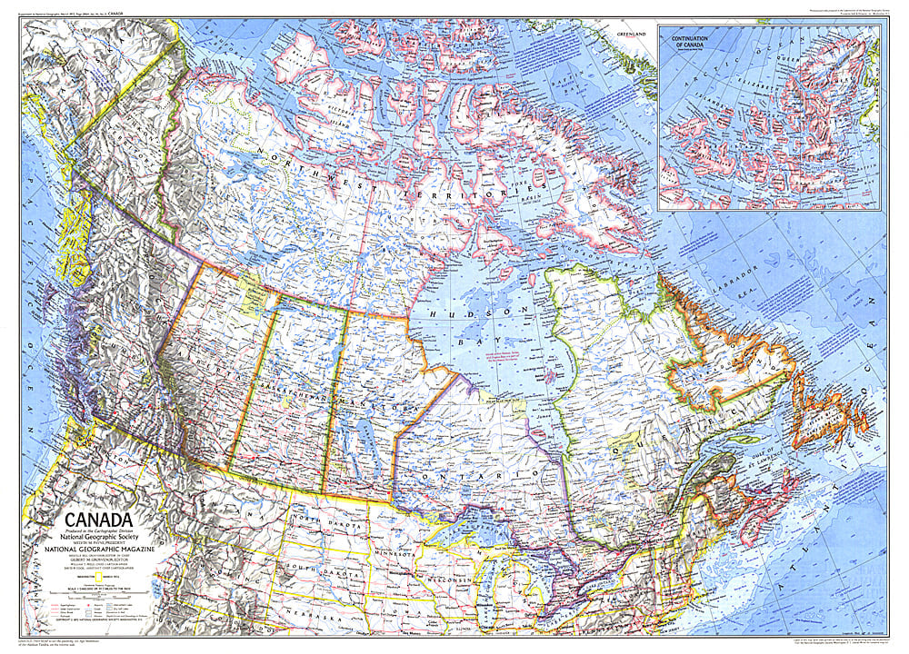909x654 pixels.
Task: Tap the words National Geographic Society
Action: (87, 538)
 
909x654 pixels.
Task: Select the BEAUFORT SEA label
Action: (218, 36)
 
